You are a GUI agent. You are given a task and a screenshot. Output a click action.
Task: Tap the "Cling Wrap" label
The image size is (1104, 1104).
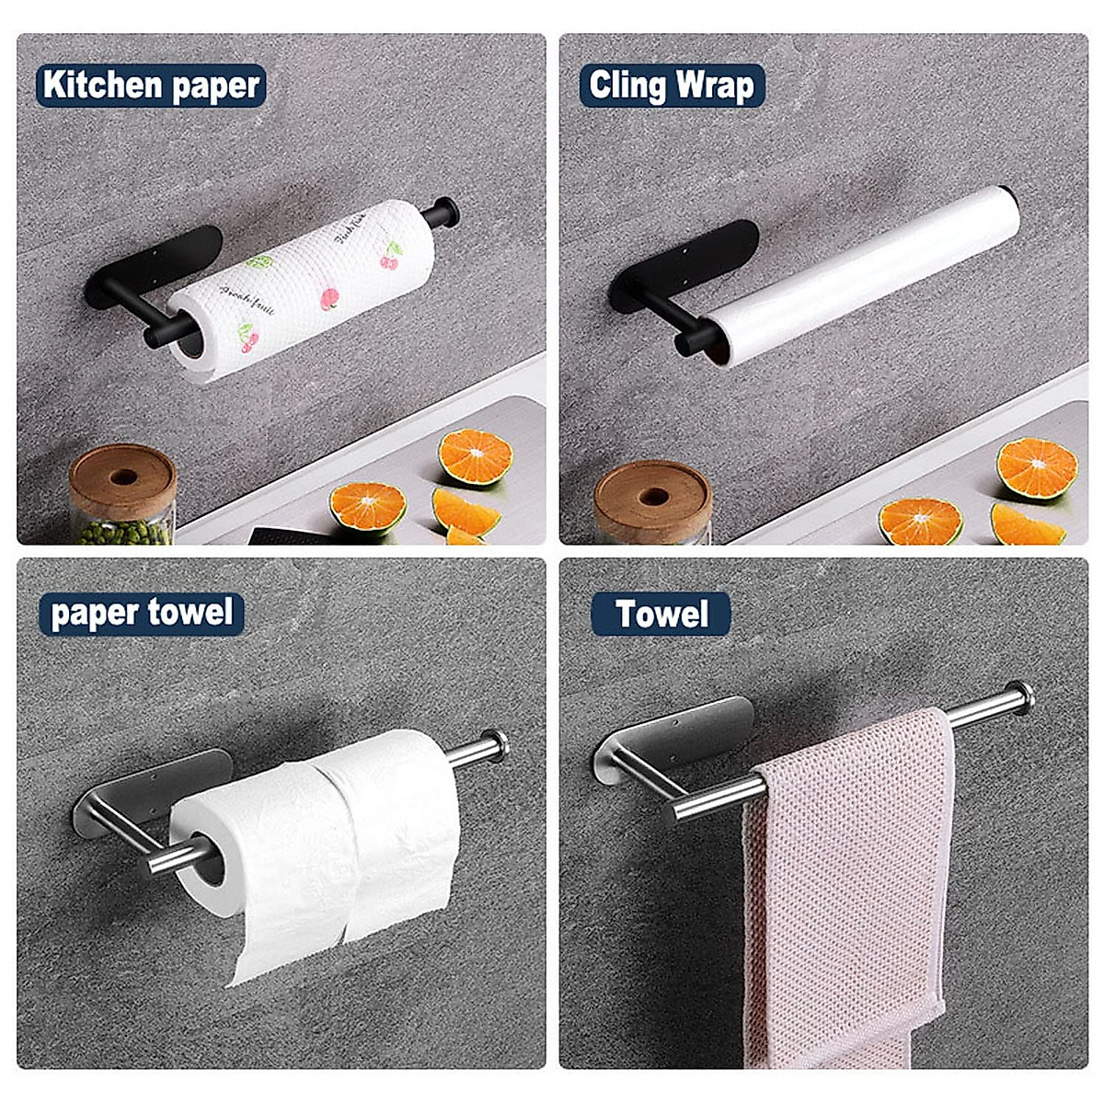coord(672,86)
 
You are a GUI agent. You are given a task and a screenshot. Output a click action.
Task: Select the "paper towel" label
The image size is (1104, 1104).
coord(142,613)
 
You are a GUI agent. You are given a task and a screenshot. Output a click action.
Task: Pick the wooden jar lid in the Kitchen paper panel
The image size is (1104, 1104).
coord(122,479)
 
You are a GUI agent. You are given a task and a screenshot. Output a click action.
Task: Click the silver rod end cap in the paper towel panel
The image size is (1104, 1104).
coord(494,743)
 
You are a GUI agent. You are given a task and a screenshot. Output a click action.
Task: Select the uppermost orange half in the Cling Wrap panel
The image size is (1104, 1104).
coord(1037,468)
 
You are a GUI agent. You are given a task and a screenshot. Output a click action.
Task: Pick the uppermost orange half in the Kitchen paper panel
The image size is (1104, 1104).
coord(475,456)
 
